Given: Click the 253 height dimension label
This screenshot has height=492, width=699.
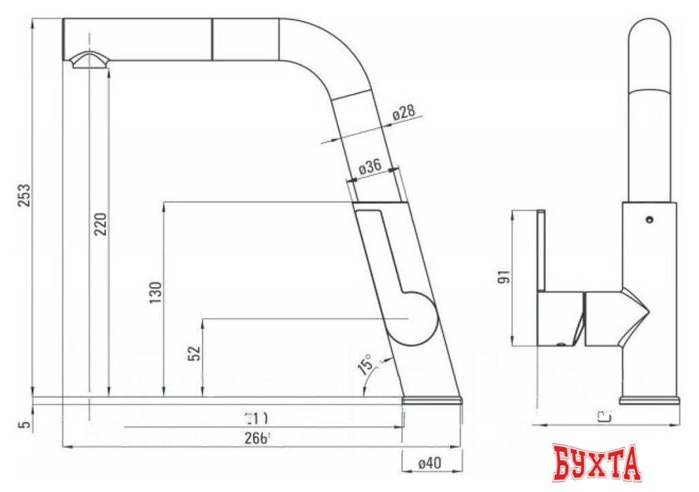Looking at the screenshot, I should click(25, 196).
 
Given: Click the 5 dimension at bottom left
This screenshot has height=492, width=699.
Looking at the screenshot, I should click(24, 425).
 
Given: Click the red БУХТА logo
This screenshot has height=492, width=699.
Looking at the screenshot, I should click(597, 463).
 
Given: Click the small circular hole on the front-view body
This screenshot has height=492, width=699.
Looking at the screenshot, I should click(648, 220).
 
